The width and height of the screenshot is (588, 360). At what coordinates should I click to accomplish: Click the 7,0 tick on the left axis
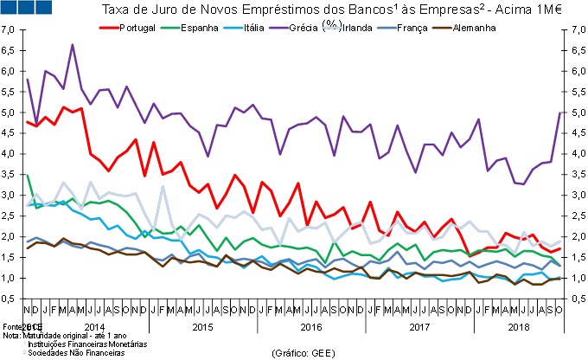pos(9,29)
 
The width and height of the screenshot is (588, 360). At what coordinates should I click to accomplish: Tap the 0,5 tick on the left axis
pos(9,299)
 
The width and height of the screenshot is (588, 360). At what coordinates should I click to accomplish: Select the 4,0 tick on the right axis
pos(574,154)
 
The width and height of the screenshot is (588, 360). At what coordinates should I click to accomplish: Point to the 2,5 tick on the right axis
pos(574,216)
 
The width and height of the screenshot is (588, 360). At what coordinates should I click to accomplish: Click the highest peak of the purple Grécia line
pos(72,44)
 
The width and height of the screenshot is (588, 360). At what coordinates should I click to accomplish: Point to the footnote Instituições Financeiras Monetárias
pos(87,344)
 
